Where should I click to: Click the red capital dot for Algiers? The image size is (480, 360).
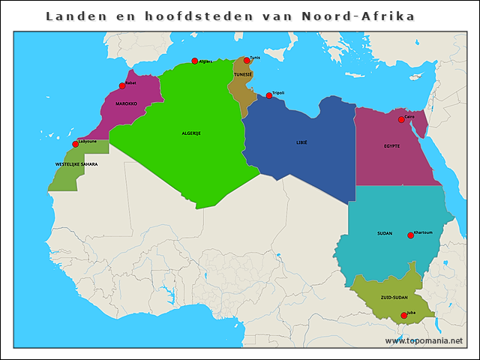click(194, 61)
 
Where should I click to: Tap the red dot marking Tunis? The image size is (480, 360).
click(246, 61)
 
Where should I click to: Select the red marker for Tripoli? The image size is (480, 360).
click(269, 95)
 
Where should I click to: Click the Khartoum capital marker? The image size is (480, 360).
click(410, 235)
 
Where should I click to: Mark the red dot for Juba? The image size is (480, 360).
click(404, 316)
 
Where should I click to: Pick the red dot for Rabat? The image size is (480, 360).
click(122, 85)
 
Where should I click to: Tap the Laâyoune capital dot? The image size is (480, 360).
click(75, 144)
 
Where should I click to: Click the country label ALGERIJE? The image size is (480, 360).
click(191, 133)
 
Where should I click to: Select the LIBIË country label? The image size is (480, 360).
click(301, 142)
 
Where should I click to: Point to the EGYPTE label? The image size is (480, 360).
click(391, 145)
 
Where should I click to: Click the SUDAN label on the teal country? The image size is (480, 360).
click(385, 233)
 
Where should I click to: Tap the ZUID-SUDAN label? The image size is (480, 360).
click(394, 298)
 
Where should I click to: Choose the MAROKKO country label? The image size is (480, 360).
click(126, 103)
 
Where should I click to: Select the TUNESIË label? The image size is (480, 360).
click(243, 75)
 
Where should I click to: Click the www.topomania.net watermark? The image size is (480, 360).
click(424, 340)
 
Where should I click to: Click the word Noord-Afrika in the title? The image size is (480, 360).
click(358, 16)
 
